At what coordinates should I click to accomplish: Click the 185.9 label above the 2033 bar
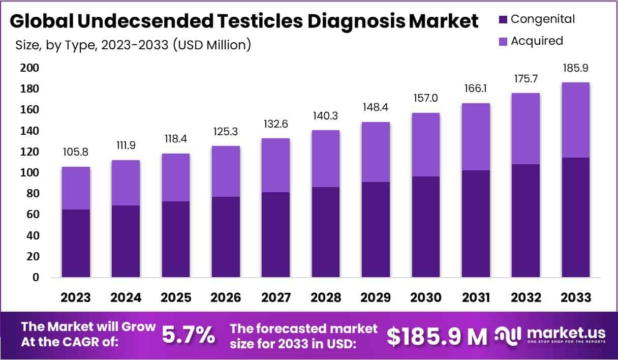click(575, 68)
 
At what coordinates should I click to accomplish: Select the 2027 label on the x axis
click(276, 297)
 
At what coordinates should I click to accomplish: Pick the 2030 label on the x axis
click(426, 297)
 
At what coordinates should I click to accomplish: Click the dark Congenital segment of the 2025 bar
click(176, 239)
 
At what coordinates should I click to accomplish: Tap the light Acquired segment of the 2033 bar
click(575, 120)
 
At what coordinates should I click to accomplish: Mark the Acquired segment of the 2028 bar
click(326, 159)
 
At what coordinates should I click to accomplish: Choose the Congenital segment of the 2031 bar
click(476, 224)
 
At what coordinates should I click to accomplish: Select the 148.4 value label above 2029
click(376, 108)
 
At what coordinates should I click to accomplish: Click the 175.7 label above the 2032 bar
click(526, 79)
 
